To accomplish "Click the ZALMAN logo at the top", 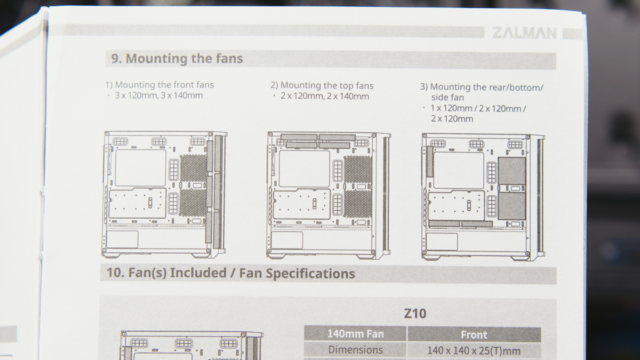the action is pos(524,33).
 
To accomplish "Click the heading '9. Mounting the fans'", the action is pos(177,58).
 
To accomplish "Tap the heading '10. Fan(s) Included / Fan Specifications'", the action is pos(230,273).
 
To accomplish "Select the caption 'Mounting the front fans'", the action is pos(164,85).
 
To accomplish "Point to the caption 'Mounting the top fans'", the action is pos(327,85).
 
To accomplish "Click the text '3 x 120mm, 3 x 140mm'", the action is pos(158,95).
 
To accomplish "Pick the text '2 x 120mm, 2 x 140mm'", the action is pos(325,96).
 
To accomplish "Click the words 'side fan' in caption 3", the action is pos(447,98).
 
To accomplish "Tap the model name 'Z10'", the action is pos(415,314).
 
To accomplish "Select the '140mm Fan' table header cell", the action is pos(355,334).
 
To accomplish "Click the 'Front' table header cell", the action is pos(474,334).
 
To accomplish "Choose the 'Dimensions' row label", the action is pos(355,350).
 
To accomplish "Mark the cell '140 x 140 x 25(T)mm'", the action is pos(474,350).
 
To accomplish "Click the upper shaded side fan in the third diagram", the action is pos(511,171).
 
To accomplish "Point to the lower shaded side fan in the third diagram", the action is pos(511,206).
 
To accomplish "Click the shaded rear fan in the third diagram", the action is pos(429,162).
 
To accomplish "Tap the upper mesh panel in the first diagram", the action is pos(194,168).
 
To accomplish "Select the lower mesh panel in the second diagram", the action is pos(358,204).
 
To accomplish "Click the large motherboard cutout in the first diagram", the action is pos(141,167).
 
